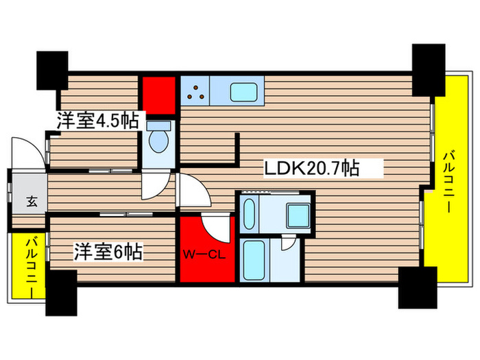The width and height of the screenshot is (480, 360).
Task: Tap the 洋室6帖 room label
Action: click(108, 252)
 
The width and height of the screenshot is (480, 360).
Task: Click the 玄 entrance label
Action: click(32, 202)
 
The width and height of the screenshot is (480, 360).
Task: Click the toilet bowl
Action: click(159, 141)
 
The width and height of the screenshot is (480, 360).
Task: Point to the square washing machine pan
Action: click(300, 215)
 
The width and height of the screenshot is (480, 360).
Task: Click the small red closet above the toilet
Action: click(158, 95)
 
